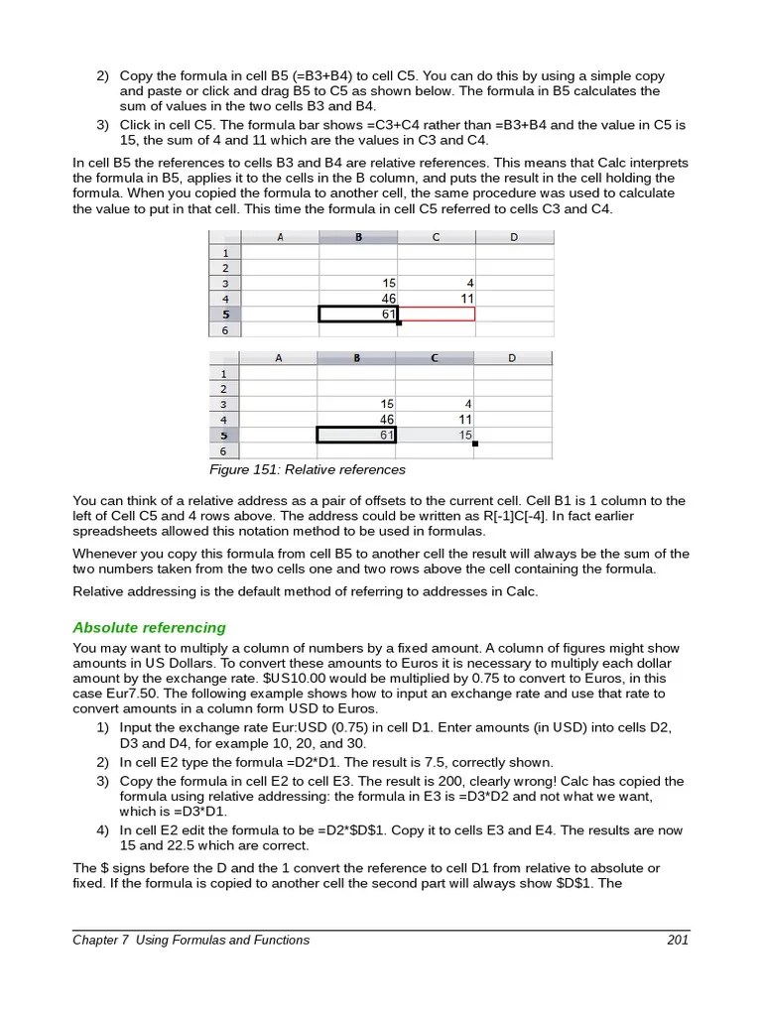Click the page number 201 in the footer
(x=678, y=940)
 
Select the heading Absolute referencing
(x=150, y=627)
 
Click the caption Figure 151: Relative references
(x=307, y=469)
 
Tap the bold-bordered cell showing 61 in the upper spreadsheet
(x=357, y=314)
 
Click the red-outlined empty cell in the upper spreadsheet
(x=436, y=314)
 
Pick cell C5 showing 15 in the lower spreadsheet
(x=436, y=435)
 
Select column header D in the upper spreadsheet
(x=513, y=237)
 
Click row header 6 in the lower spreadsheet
(x=223, y=450)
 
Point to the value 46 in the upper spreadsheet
(x=388, y=299)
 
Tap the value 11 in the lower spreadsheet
(x=464, y=420)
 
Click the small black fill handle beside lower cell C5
(x=475, y=444)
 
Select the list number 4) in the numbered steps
(x=103, y=830)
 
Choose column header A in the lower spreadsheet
(x=279, y=358)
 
